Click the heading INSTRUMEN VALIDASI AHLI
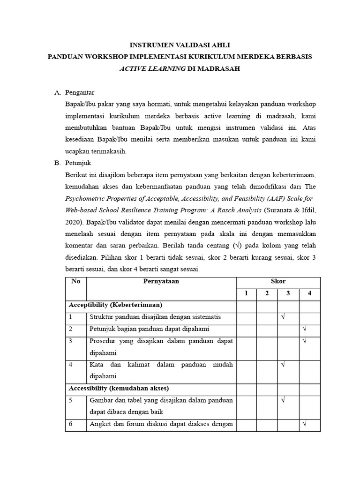pyautogui.click(x=180, y=45)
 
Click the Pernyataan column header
pyautogui.click(x=161, y=281)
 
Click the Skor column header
pyautogui.click(x=278, y=281)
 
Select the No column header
pyautogui.click(x=75, y=281)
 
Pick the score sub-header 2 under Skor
pyautogui.click(x=267, y=294)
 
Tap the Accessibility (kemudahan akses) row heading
pyautogui.click(x=119, y=389)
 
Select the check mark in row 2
pyautogui.click(x=304, y=329)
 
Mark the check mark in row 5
pyautogui.click(x=283, y=401)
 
